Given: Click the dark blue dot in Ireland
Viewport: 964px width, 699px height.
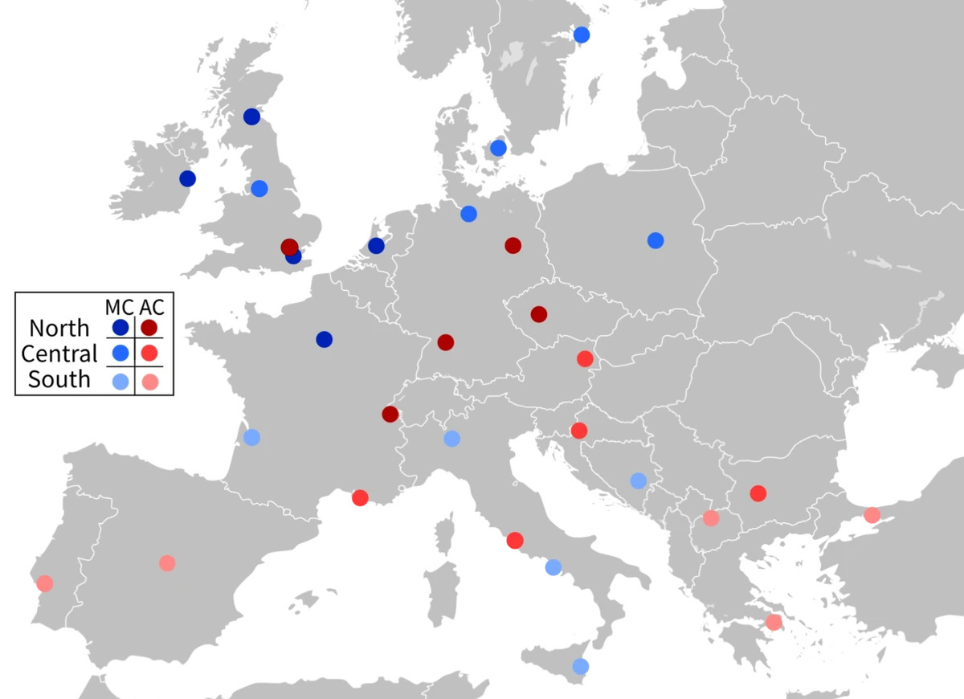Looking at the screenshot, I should coord(188,178).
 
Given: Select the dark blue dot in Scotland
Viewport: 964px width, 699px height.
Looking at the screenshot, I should coord(252,117).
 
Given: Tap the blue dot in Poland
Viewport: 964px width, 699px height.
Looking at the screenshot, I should coord(656,240).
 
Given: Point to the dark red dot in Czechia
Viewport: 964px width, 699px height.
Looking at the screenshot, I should coord(539,314).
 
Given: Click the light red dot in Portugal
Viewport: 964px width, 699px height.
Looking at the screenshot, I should coord(45,583).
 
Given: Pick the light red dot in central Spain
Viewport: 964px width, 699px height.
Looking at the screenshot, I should coord(167,563).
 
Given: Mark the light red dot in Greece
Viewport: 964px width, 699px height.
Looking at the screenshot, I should coord(774,622).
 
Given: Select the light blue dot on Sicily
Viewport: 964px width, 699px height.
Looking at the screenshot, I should coord(581,666).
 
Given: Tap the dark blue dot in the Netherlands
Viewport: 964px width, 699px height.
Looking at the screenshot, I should coord(376,246).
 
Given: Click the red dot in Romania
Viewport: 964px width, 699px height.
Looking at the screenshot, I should coord(758,493).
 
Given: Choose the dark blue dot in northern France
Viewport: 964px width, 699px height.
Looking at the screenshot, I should coord(324,339).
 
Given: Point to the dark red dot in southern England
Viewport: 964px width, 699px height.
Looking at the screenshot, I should coord(289,247).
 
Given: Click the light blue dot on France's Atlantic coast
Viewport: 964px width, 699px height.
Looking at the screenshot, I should coord(251,438).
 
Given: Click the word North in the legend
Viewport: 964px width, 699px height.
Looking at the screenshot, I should coord(59,328).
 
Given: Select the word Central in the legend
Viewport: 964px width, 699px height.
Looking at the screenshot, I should coord(59,354).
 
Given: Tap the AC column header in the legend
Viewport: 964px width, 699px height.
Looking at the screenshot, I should coord(151,307).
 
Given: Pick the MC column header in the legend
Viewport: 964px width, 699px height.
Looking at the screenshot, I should coord(120,307).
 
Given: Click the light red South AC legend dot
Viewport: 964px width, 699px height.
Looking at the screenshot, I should coord(149,382).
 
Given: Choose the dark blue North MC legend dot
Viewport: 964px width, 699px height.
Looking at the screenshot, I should coord(120,328).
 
